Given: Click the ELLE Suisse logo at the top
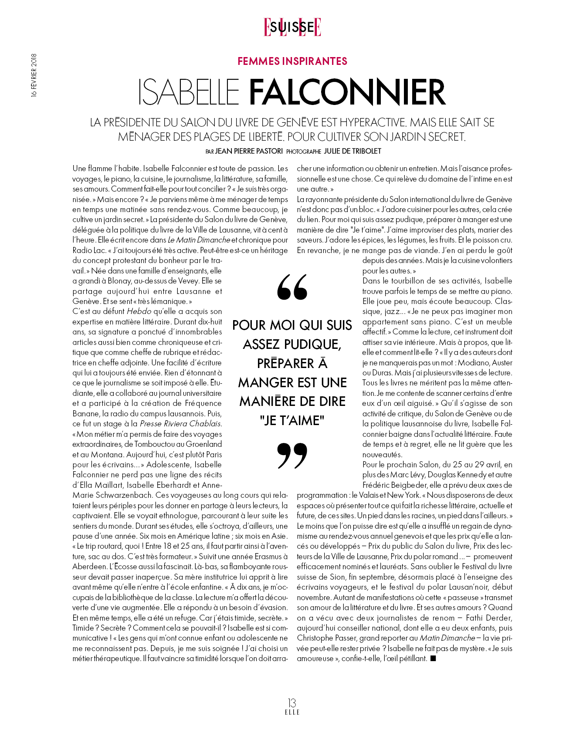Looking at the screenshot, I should [292, 27].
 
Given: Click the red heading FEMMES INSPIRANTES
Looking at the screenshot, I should [292, 61].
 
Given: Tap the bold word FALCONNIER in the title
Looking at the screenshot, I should [347, 92].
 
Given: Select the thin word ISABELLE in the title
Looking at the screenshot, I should [189, 92].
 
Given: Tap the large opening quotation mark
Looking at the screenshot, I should [292, 287].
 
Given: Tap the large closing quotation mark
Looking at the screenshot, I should [292, 456].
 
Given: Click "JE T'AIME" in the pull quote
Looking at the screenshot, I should [292, 421].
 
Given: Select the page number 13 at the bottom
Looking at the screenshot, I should [292, 703].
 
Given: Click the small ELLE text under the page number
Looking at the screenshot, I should [292, 712].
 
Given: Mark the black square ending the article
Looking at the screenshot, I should [433, 659].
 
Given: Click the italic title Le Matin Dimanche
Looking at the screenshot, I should [199, 240].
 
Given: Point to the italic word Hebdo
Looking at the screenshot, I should [139, 311].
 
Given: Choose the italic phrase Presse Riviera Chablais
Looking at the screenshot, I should [180, 424].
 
